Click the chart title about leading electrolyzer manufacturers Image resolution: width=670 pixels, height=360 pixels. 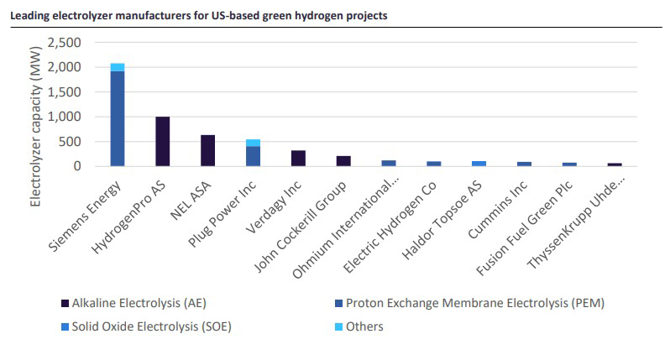click(x=198, y=16)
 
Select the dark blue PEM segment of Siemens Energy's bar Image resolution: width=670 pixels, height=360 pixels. click(x=118, y=118)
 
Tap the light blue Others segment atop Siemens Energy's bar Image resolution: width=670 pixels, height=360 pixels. click(x=118, y=67)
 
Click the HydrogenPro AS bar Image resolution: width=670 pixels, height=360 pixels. click(x=163, y=141)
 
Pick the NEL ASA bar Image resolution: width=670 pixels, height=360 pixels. click(x=208, y=150)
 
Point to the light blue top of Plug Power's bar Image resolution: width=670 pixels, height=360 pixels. click(x=253, y=143)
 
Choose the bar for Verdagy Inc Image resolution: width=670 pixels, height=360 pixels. click(x=298, y=158)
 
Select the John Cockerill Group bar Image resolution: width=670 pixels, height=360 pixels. click(x=343, y=161)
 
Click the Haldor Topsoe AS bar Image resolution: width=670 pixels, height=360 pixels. click(x=479, y=164)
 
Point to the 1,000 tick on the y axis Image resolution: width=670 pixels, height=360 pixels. click(x=64, y=117)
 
